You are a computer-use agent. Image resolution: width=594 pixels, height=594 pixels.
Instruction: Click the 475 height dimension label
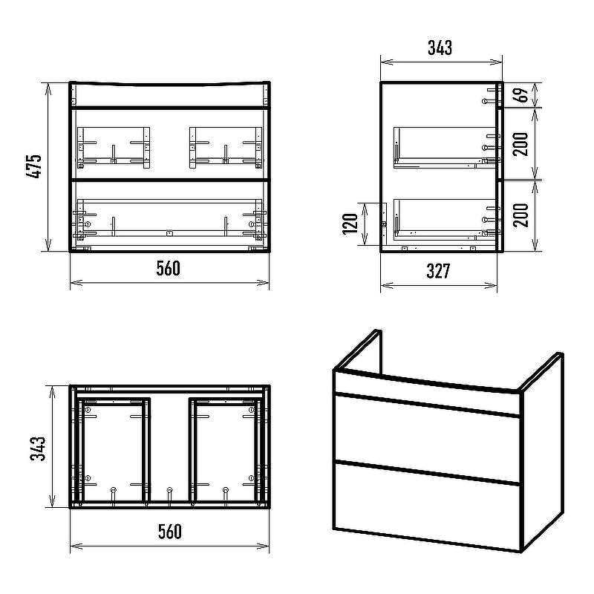pos(34,166)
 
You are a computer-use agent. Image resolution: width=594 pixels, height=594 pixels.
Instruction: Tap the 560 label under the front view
pos(169,269)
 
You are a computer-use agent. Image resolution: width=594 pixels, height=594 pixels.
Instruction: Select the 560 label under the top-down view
pos(169,532)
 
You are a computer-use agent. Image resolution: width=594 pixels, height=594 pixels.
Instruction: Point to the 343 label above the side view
pos(440,48)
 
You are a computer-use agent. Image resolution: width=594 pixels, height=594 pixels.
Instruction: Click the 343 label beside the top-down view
pos(38,448)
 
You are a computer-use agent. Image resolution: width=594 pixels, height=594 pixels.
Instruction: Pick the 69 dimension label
pos(522,95)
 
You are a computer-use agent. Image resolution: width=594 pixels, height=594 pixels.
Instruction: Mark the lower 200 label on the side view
pos(521,215)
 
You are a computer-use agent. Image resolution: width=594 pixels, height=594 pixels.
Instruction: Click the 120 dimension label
pos(350,224)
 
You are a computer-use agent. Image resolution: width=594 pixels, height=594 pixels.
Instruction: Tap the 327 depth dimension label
pos(438,271)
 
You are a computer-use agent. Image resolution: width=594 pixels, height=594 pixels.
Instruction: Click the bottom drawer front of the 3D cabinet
pos(426,505)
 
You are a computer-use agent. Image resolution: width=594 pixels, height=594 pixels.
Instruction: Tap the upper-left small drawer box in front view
pos(114,148)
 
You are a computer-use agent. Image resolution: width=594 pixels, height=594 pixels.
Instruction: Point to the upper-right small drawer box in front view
pos(226,148)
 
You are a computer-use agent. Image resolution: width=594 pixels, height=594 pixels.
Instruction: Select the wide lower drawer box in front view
pos(169,220)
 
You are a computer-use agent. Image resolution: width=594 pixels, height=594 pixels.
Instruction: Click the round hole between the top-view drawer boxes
pos(169,490)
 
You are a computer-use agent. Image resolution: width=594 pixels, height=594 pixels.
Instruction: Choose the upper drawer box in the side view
pos(445,148)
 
